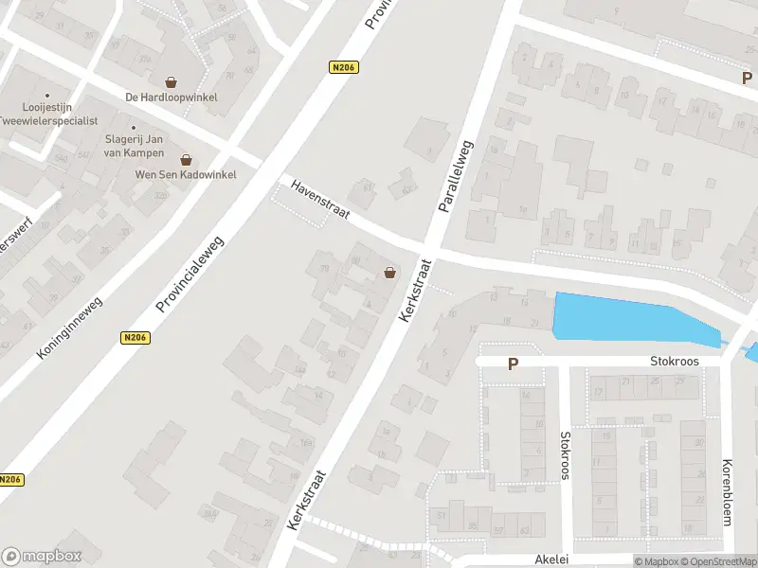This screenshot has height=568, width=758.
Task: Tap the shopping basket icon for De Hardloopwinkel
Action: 171,82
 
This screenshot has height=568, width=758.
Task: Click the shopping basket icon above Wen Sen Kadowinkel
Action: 186,160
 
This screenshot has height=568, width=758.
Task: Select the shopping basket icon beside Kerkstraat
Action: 389,274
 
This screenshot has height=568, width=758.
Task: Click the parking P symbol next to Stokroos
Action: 514,364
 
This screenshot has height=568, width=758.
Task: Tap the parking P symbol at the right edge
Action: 748,79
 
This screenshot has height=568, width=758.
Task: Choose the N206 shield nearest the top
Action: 343,67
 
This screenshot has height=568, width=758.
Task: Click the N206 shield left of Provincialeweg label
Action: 135,337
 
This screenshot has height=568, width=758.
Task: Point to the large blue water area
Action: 625,319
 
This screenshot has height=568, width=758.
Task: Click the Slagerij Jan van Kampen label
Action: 135,146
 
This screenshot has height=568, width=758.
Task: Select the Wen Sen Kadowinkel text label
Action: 186,174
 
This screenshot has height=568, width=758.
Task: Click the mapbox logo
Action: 42,557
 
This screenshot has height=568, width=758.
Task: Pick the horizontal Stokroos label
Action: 673,362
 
